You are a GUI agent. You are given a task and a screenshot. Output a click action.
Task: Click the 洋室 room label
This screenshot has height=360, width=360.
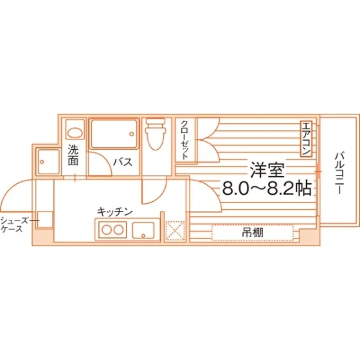coord(267,170)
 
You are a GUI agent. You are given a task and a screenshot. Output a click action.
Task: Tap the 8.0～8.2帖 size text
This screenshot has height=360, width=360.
coord(267,189)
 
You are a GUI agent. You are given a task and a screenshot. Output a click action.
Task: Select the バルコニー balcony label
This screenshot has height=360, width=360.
coord(339,173)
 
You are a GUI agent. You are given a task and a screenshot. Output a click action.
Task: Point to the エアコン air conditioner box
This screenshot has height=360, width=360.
coord(306,139)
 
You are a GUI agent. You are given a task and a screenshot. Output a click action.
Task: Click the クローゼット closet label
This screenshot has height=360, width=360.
coord(185,140)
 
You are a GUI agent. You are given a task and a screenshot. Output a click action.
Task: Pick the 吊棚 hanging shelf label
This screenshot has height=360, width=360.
coord(253,233)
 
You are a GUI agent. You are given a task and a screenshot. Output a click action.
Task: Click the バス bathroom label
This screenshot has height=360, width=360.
coord(123,162)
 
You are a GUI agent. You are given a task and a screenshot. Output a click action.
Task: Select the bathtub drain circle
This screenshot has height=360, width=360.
coord(132,134)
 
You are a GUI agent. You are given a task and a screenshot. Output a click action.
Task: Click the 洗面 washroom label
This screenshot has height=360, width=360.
coord(73,156)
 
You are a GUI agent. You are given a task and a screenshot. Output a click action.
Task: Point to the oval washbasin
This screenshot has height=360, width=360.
coord(75,132)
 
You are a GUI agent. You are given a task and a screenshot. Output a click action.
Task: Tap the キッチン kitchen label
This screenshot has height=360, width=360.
coord(115,212)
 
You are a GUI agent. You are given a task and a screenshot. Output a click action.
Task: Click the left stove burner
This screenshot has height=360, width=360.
coord(107,230)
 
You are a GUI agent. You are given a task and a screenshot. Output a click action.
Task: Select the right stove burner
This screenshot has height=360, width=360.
coord(119,230)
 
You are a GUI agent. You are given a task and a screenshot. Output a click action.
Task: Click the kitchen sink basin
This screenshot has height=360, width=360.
coord(143,230)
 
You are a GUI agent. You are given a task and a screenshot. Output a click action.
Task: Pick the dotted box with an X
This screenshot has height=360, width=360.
coord(175,231)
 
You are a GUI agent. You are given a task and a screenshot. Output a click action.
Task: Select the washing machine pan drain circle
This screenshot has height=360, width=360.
coord(42,162)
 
